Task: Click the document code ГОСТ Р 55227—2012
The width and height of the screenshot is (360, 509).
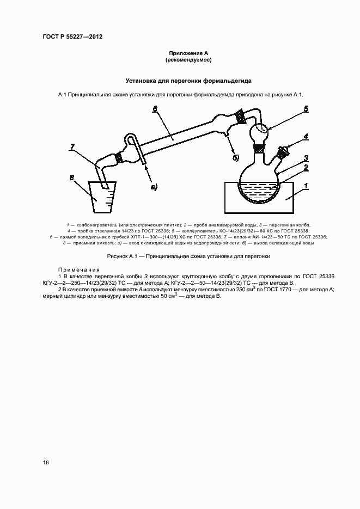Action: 72,36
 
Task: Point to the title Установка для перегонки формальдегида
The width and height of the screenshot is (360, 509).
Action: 188,81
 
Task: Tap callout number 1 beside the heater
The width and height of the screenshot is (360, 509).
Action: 306,186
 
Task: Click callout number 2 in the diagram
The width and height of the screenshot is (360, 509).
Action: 307,168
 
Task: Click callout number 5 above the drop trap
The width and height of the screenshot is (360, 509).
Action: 306,109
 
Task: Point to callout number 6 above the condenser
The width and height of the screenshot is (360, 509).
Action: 155,109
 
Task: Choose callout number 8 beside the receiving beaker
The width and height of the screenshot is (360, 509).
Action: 71,177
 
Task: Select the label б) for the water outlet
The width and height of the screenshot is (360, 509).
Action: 236,158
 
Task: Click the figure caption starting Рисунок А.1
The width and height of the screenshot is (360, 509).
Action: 188,256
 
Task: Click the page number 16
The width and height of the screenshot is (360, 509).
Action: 46,462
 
